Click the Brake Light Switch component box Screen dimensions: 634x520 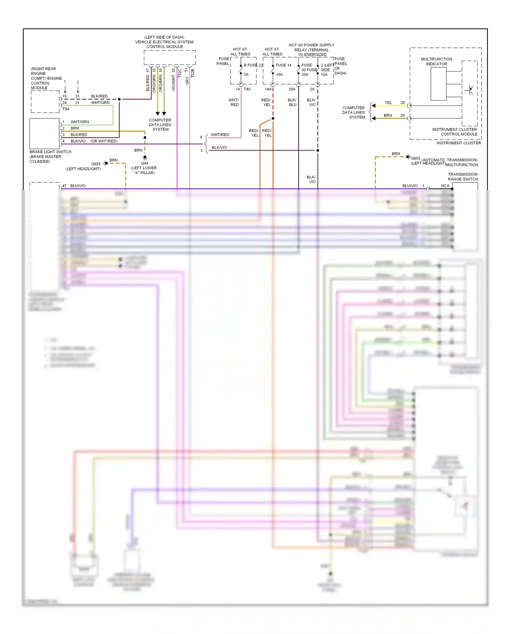[44, 134]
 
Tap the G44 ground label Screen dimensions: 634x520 [145, 163]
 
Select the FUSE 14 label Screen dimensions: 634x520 [284, 65]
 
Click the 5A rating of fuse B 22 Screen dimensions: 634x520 [246, 75]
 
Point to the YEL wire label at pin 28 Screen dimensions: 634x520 [388, 103]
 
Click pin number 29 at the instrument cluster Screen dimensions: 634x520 [402, 115]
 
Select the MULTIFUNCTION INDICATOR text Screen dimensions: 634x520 [436, 61]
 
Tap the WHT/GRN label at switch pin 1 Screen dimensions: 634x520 [80, 122]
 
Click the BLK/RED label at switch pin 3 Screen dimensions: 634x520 [79, 135]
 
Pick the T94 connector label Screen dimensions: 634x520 [66, 109]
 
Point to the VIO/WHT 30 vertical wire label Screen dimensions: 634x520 [173, 80]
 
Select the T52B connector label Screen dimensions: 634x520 [193, 73]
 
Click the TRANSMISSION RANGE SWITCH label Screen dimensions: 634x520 [462, 177]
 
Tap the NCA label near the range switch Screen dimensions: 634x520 [445, 186]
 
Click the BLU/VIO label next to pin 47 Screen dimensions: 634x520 [78, 186]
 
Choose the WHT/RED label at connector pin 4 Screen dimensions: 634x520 [220, 135]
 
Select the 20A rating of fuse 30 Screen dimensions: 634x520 [305, 75]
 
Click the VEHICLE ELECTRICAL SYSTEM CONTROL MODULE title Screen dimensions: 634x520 [164, 42]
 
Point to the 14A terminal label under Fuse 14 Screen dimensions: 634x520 [268, 89]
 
